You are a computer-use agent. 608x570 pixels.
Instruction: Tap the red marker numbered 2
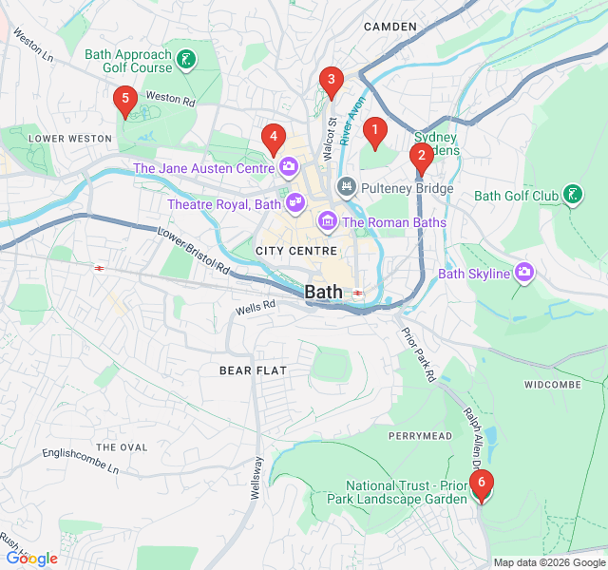[x=421, y=158]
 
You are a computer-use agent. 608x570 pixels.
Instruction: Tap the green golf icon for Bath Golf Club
[x=572, y=196]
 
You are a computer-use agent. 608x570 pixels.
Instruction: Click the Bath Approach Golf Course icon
[x=187, y=61]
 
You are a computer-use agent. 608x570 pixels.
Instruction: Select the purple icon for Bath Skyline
[x=524, y=274]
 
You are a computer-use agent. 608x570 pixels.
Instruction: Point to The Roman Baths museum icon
[x=328, y=222]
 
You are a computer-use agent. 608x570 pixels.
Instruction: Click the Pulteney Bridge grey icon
[x=347, y=188]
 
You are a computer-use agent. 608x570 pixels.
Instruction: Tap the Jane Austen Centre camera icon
[x=288, y=169]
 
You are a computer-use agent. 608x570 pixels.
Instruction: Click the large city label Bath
[x=325, y=293]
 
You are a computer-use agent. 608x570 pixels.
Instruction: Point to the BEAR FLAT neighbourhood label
[x=253, y=370]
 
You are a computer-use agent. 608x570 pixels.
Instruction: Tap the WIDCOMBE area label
[x=552, y=385]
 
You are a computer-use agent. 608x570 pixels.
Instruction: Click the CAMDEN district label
[x=390, y=27]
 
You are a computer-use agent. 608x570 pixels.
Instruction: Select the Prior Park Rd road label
[x=417, y=356]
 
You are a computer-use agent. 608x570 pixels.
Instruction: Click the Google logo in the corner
[x=31, y=559]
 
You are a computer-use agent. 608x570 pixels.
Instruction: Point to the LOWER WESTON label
[x=70, y=138]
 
